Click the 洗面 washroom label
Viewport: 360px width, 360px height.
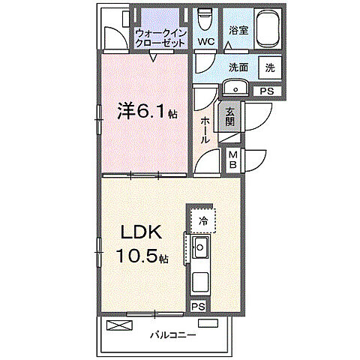pos(238,67)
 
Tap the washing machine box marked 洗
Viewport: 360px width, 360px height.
pos(269,67)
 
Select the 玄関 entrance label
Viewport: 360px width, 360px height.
pos(229,115)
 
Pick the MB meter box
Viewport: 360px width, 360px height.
pos(232,159)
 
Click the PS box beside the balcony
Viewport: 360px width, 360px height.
pos(198,306)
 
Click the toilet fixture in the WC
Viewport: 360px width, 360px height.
pos(206,19)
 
